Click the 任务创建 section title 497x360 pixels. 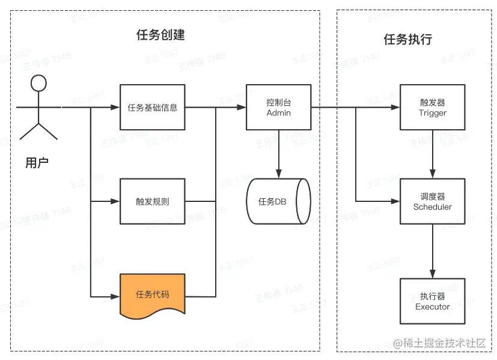[x=160, y=35]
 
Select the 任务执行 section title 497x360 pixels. [x=407, y=40]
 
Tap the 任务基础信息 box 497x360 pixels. [x=152, y=108]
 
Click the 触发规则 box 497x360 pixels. [x=152, y=201]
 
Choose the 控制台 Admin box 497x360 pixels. [x=278, y=108]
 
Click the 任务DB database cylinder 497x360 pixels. [x=278, y=201]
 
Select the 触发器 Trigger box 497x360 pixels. [x=433, y=108]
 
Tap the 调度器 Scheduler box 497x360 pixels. [x=433, y=201]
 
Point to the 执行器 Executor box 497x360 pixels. [x=433, y=301]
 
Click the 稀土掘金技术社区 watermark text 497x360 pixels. [x=444, y=343]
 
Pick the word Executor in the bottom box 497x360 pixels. [x=433, y=307]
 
